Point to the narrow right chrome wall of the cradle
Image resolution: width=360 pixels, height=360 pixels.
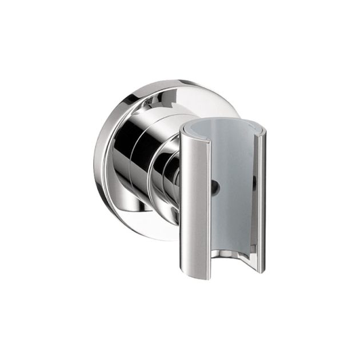coord(261,200)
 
